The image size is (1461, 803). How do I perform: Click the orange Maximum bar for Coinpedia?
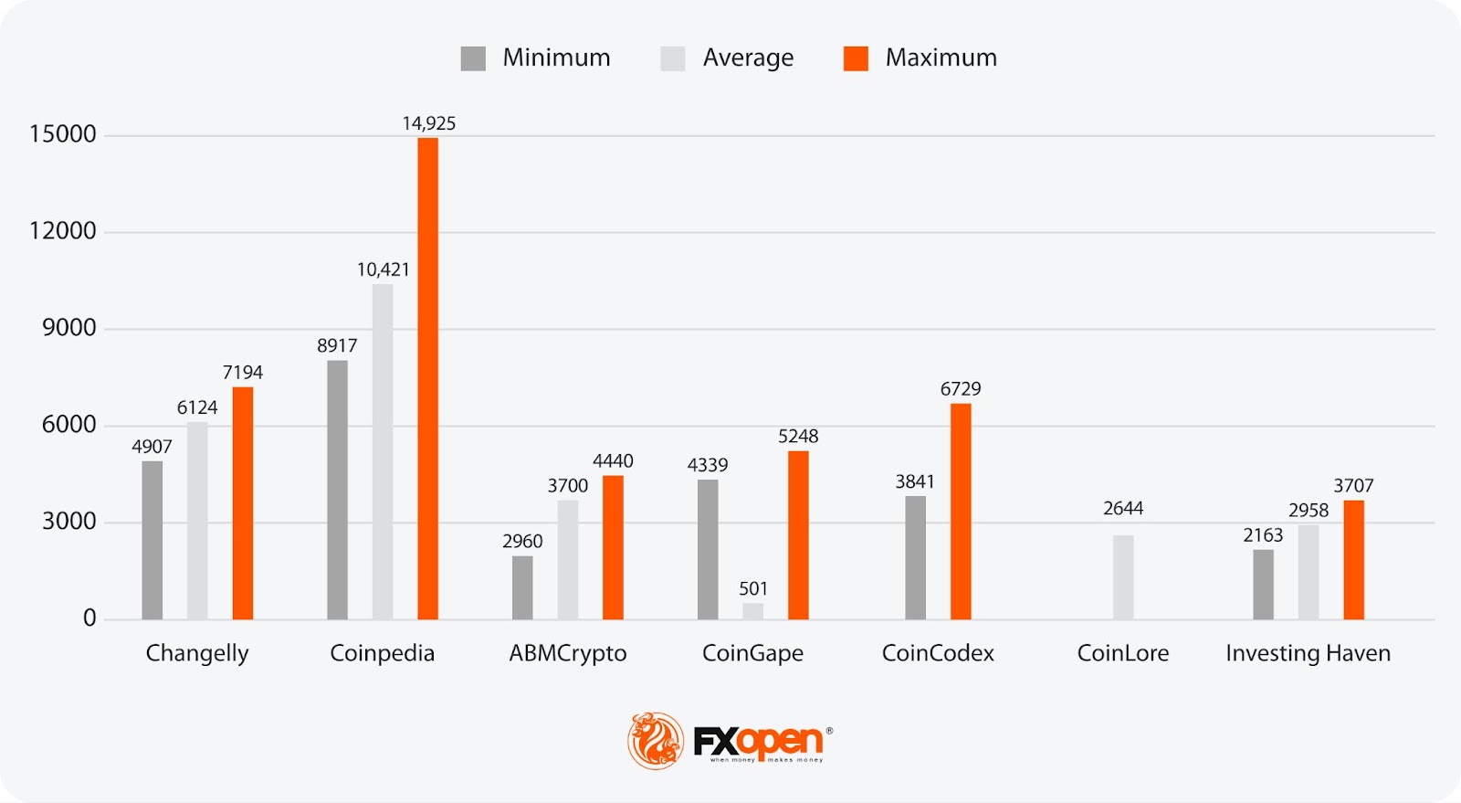coord(427,378)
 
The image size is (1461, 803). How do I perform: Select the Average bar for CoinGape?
coord(752,611)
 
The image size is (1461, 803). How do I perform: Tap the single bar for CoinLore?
coord(1123,577)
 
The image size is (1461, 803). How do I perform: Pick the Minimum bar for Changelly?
coord(152,540)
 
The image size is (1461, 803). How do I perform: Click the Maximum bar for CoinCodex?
coord(961,512)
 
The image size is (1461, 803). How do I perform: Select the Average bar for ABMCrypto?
coord(568,559)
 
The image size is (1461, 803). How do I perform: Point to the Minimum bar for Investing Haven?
coord(1263,584)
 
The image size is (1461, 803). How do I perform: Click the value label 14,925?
coord(429,123)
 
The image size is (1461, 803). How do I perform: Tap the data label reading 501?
coord(753,588)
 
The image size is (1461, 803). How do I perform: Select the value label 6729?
coord(961,389)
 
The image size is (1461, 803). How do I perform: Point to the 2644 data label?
coord(1123,508)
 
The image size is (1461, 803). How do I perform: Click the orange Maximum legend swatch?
coord(856,58)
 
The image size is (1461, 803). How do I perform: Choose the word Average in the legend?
coord(748,58)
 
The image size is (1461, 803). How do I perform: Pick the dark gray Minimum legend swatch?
coord(473,58)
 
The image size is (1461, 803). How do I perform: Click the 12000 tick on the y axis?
coord(63,230)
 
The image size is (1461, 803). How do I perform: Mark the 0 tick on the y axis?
coord(89,618)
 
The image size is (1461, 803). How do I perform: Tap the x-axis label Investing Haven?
coord(1308,653)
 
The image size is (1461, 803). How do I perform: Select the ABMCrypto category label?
coord(568,653)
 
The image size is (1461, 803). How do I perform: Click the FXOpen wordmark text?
coord(758,740)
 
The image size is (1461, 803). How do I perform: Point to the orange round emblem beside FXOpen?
coord(656,740)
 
